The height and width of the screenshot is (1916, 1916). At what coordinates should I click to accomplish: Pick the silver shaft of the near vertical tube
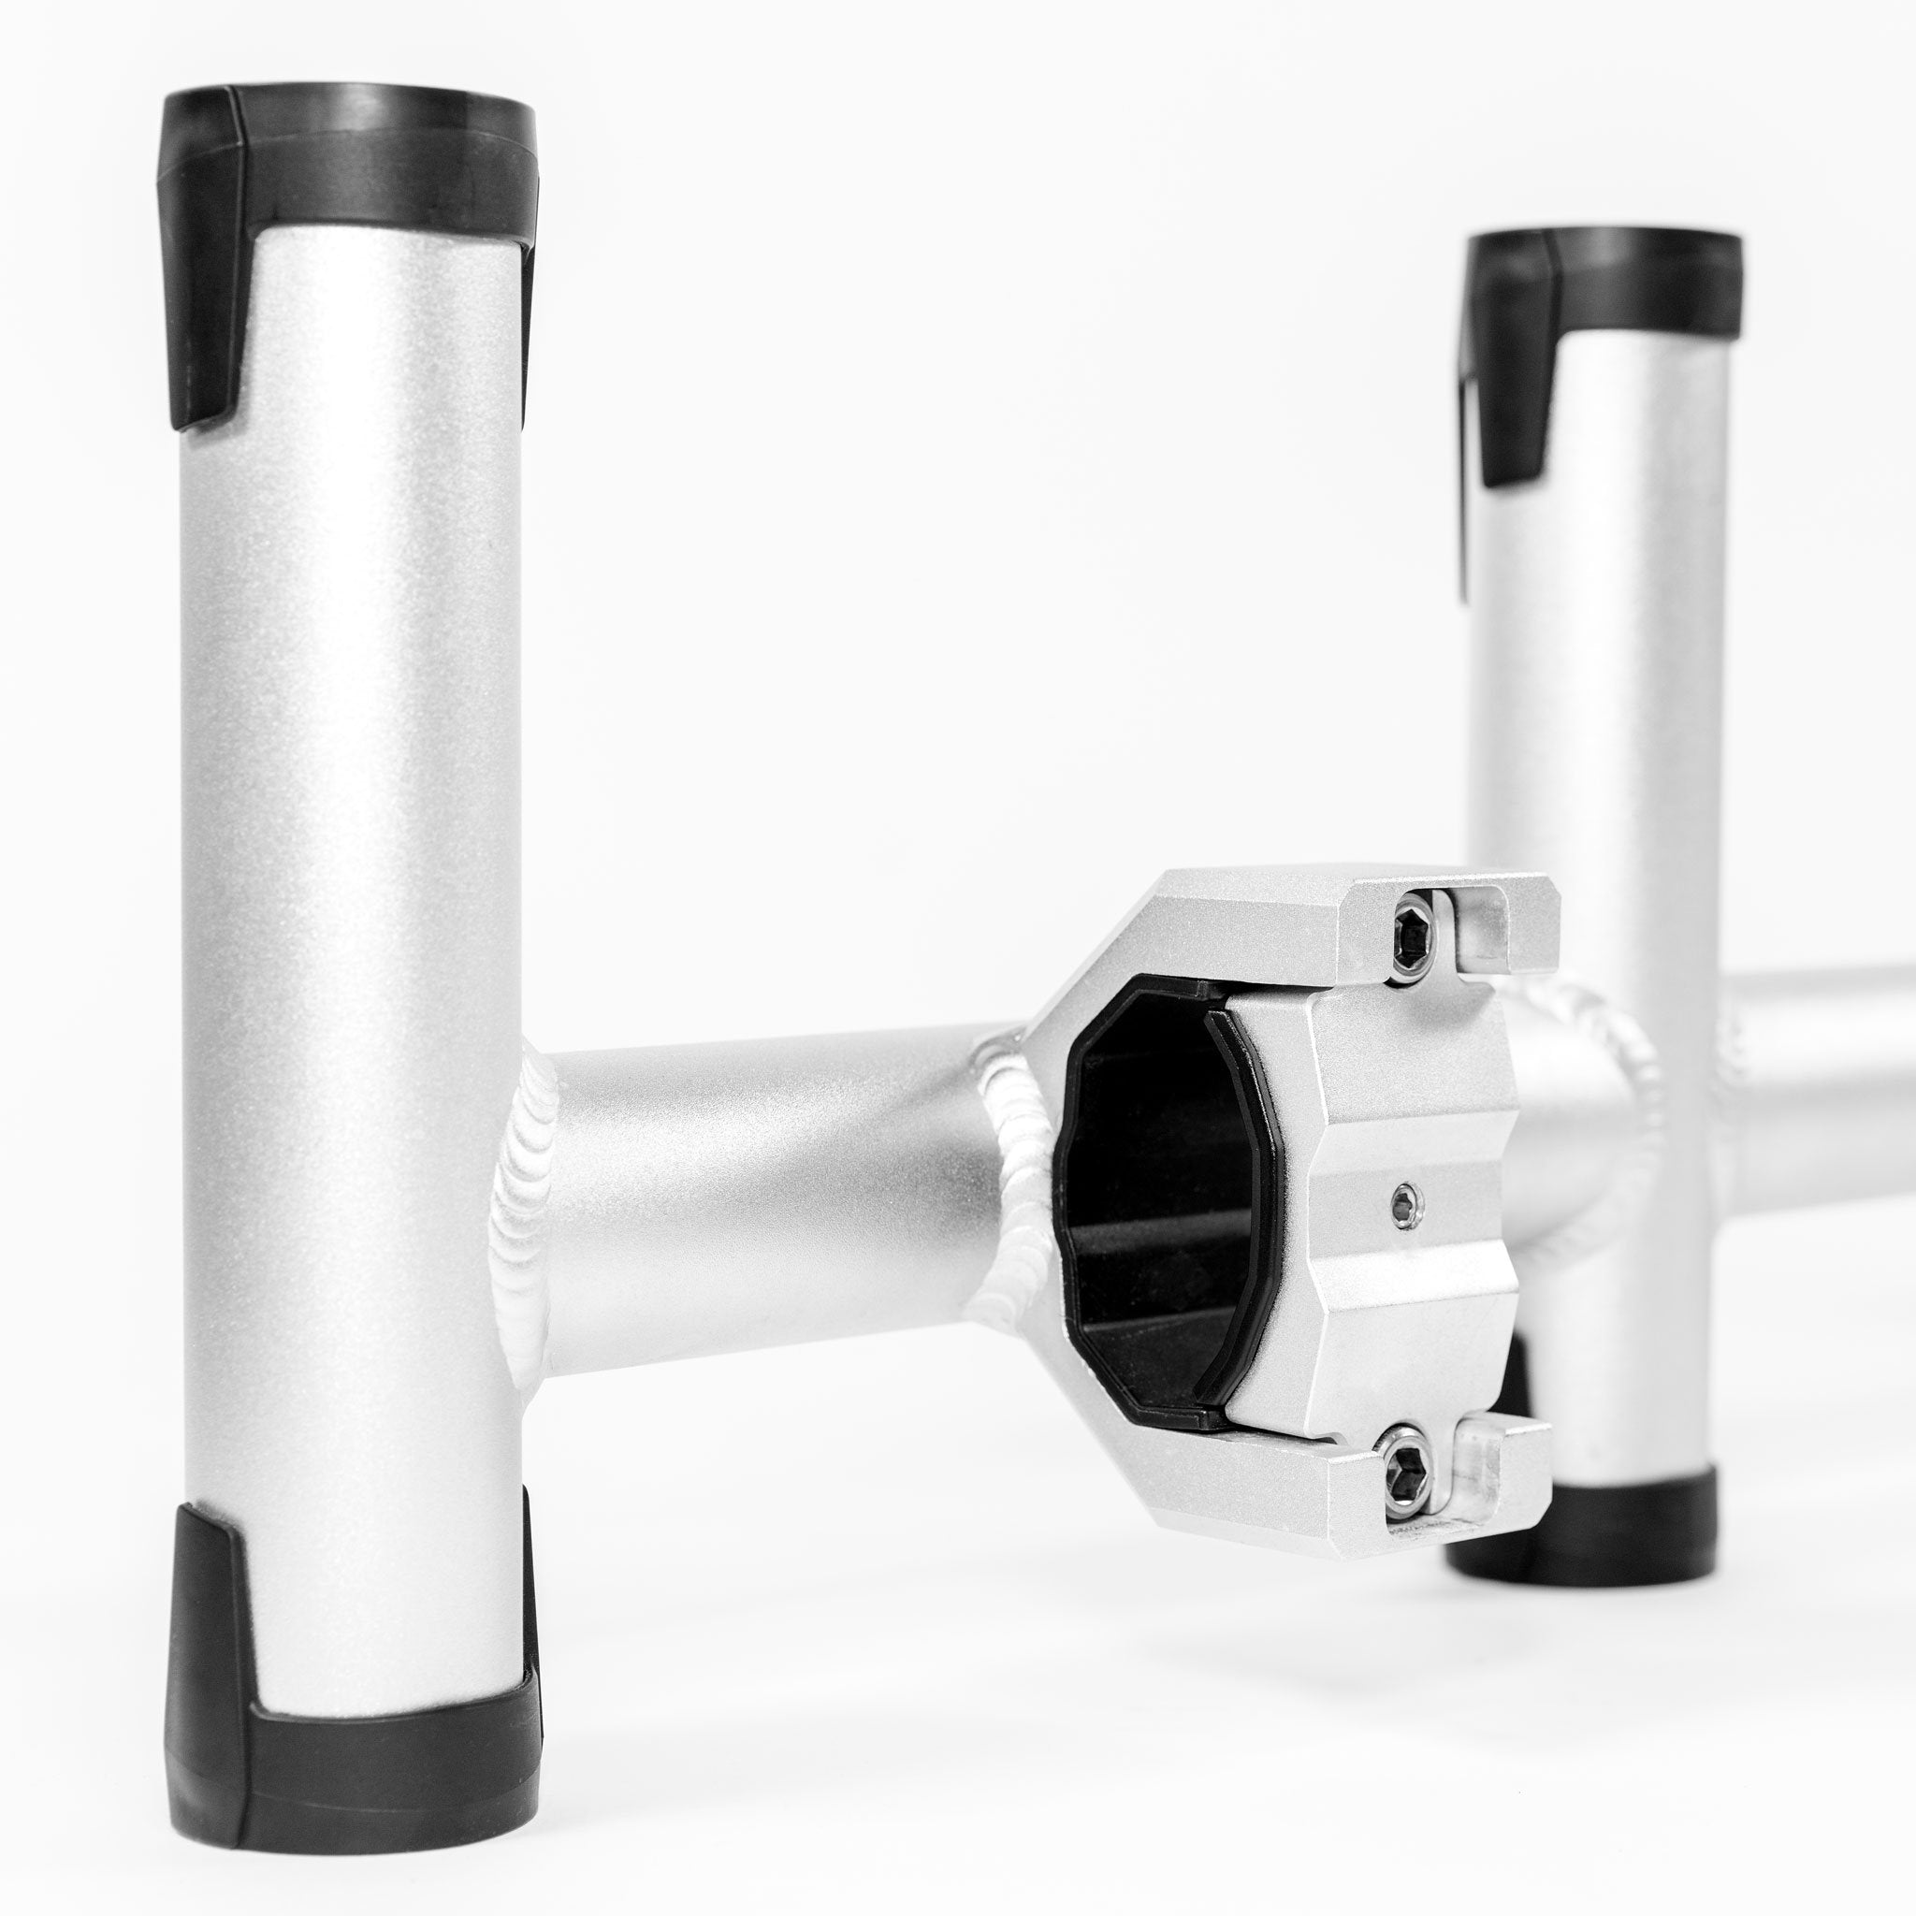tap(347, 793)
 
